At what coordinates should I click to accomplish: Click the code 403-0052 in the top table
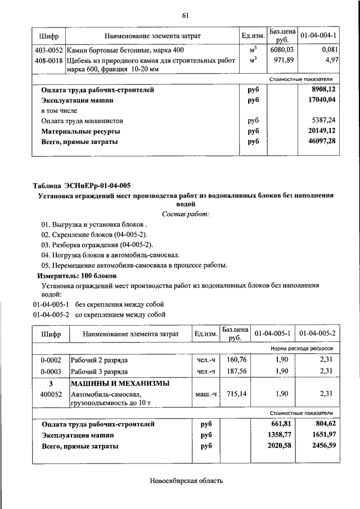pyautogui.click(x=48, y=50)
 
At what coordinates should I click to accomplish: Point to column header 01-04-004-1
pyautogui.click(x=319, y=35)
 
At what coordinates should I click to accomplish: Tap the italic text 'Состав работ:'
pyautogui.click(x=186, y=214)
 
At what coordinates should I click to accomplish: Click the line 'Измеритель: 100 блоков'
pyautogui.click(x=77, y=276)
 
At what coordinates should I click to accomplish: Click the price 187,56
pyautogui.click(x=236, y=372)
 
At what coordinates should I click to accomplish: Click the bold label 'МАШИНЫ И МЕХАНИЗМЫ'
pyautogui.click(x=120, y=384)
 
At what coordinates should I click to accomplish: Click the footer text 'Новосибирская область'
pyautogui.click(x=186, y=481)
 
